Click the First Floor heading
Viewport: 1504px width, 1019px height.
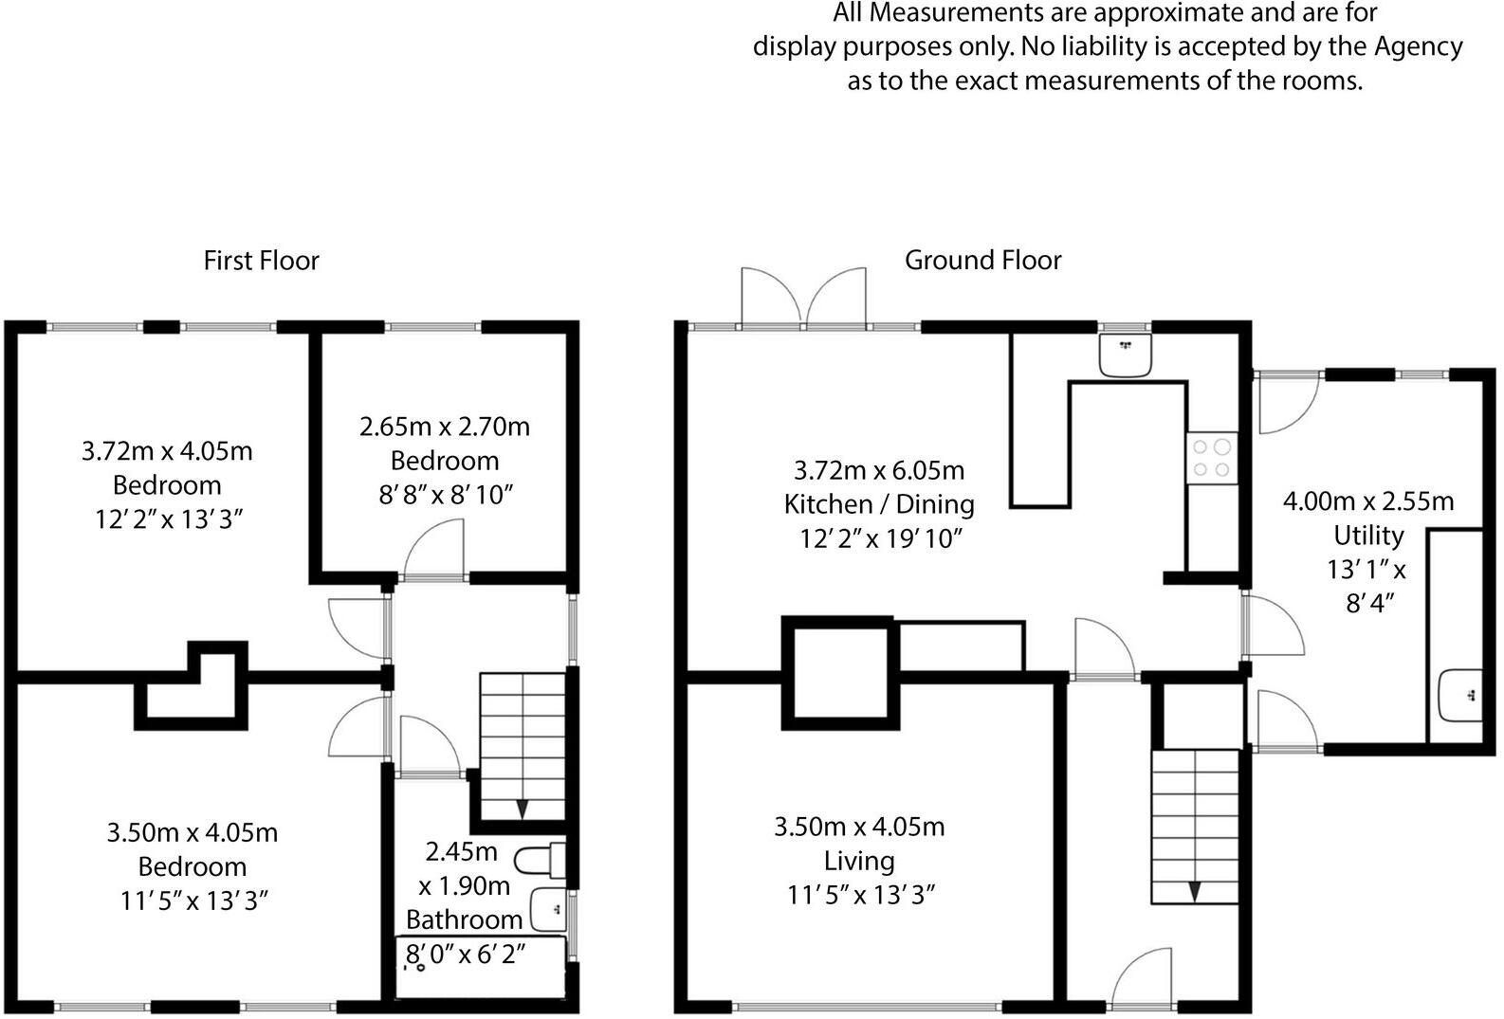[261, 261]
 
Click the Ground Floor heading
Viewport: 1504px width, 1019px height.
[983, 261]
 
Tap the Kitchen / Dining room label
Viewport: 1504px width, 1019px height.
[879, 504]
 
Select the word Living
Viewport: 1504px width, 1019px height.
[859, 862]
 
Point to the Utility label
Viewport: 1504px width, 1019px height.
[1368, 536]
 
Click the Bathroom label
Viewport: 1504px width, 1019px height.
[464, 919]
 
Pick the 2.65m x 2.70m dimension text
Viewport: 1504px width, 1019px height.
[445, 427]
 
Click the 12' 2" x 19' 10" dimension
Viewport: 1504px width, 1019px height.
[881, 538]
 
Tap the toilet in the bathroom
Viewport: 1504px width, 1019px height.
[540, 860]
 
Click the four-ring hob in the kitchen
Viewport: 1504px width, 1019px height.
[1212, 458]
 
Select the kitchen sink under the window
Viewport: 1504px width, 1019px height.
[1126, 355]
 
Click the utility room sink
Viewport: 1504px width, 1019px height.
[1461, 696]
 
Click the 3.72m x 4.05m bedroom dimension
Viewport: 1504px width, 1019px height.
[167, 451]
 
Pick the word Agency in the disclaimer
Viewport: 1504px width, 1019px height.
[1419, 46]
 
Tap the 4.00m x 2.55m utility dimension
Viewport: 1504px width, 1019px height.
[1368, 501]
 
